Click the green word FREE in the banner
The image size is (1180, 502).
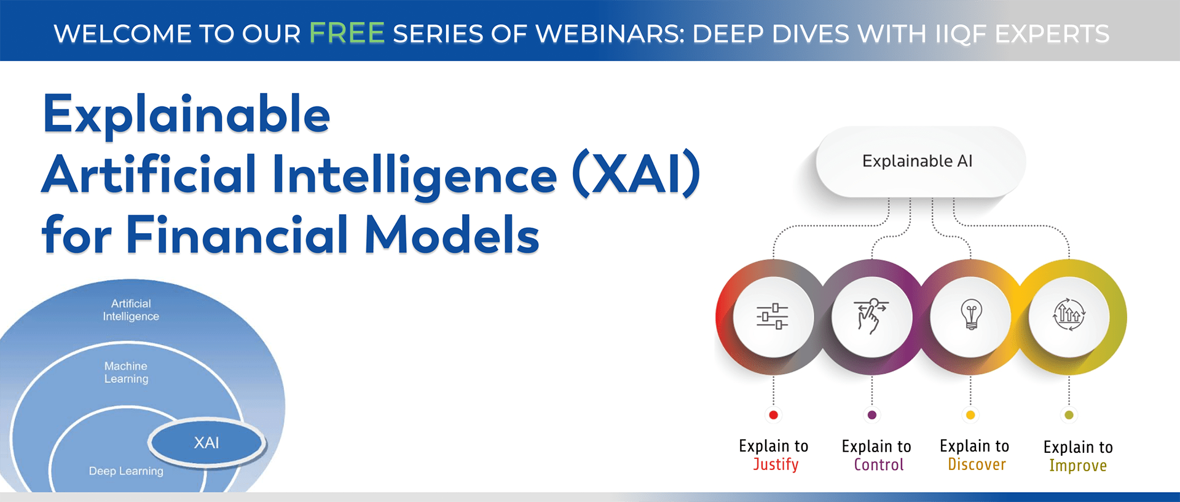point(347,33)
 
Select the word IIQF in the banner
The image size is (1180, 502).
point(961,34)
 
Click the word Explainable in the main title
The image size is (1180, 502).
point(187,115)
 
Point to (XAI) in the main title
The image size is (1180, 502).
point(636,175)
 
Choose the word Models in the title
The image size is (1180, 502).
point(452,235)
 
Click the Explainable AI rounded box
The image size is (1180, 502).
point(918,161)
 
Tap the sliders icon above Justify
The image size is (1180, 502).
point(773,316)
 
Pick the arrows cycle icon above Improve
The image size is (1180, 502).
point(1069,315)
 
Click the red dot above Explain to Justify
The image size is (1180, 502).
point(774,415)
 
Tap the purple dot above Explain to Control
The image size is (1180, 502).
point(872,415)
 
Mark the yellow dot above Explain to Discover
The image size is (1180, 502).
point(970,415)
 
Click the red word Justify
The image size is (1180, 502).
point(776,464)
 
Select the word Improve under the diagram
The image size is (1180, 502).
point(1078,466)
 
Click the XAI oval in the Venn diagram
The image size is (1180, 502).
point(207,443)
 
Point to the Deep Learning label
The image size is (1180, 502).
point(126,471)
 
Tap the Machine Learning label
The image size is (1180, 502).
point(126,372)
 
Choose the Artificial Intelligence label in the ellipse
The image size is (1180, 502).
point(131,310)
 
